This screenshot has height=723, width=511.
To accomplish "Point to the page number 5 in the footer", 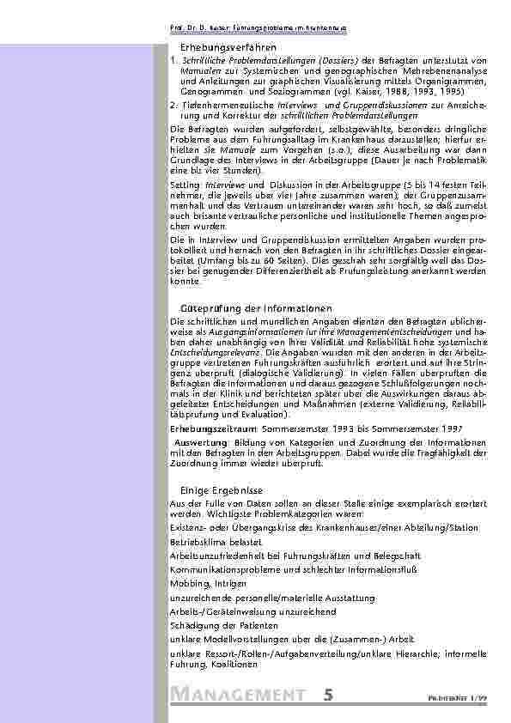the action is pos(329,694).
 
